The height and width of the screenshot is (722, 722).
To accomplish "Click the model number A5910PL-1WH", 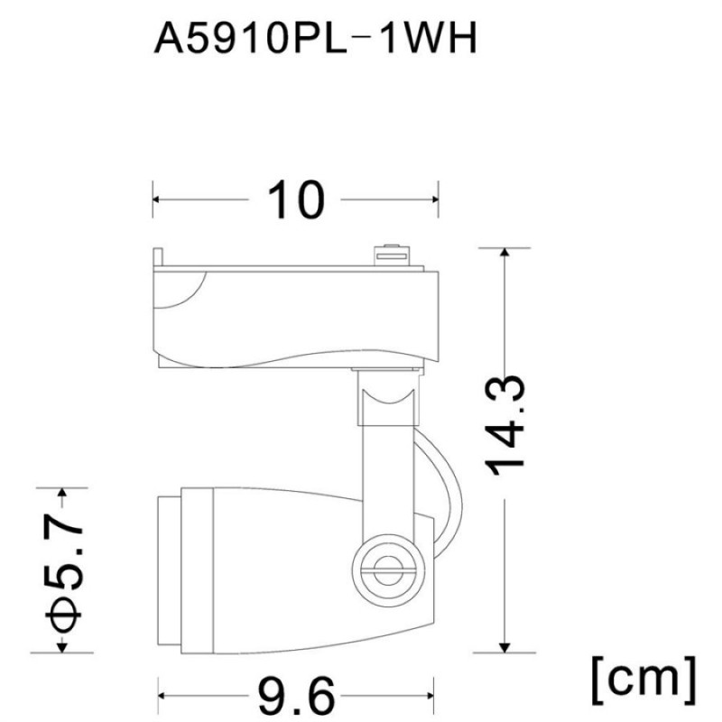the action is coord(315,39).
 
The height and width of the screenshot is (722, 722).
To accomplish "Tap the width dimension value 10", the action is coord(296,199).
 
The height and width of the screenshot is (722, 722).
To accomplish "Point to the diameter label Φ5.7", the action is coord(64,570).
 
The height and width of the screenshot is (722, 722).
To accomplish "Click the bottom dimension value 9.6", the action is coord(295,695).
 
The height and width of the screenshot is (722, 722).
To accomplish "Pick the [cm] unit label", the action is coord(643,680).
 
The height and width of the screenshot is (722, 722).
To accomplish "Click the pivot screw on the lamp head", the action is coord(388,570).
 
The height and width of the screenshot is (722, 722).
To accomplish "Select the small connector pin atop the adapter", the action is coord(392,255).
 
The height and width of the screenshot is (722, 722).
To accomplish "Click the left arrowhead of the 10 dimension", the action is coord(155,199).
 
